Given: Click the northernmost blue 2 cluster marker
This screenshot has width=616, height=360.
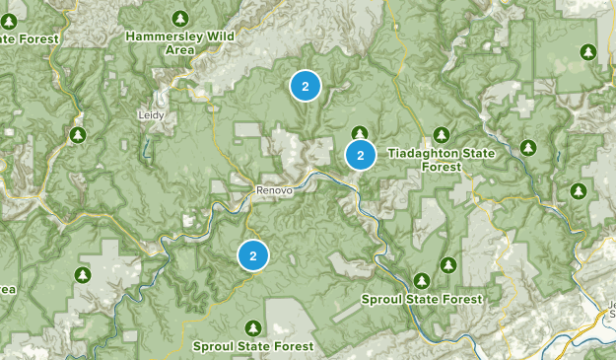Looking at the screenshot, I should pyautogui.click(x=306, y=87).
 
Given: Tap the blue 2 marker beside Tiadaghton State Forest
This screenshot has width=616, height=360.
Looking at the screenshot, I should pyautogui.click(x=361, y=155).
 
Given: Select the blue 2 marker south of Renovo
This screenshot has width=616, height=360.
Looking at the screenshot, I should pyautogui.click(x=253, y=255).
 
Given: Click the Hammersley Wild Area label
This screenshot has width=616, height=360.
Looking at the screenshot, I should pyautogui.click(x=179, y=41).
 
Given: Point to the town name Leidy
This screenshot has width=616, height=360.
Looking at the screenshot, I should pyautogui.click(x=151, y=114).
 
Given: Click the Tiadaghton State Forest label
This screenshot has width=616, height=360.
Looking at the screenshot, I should pyautogui.click(x=441, y=159).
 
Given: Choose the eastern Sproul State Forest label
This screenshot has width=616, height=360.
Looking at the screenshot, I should pyautogui.click(x=421, y=299).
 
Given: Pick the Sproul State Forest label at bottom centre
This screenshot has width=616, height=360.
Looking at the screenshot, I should pyautogui.click(x=253, y=346).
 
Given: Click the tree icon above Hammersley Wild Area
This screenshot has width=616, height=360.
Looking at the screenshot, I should pyautogui.click(x=179, y=18).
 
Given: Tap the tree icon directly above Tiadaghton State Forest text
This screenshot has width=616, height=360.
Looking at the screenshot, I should pyautogui.click(x=442, y=134).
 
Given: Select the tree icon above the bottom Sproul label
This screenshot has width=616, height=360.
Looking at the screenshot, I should pyautogui.click(x=253, y=326).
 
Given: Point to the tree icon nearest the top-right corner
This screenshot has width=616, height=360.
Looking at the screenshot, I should pyautogui.click(x=587, y=51).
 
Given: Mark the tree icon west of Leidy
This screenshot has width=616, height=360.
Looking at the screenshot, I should pyautogui.click(x=78, y=134).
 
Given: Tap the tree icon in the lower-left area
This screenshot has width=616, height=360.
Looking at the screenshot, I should pyautogui.click(x=83, y=272).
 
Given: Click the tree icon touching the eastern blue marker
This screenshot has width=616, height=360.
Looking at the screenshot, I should pyautogui.click(x=360, y=133).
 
